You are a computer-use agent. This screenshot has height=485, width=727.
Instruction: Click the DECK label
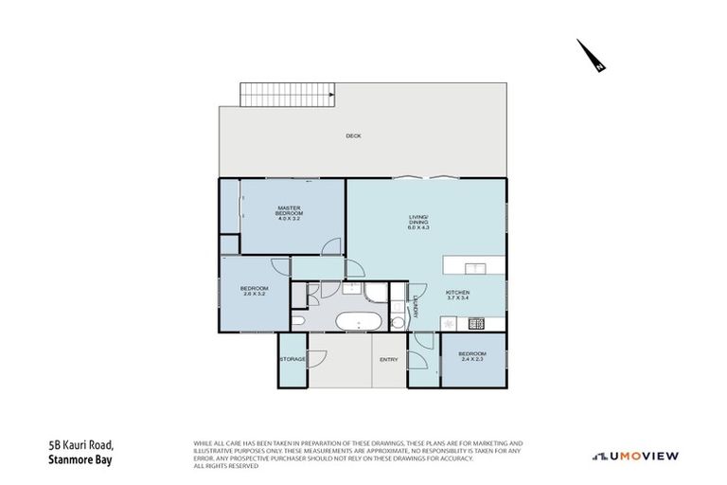pyautogui.click(x=353, y=136)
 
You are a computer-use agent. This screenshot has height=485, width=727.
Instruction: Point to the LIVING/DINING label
pyautogui.click(x=418, y=223)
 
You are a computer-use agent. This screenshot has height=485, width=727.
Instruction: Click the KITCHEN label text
pyautogui.click(x=458, y=296)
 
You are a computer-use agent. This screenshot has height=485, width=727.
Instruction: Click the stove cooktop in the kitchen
pyautogui.click(x=477, y=324)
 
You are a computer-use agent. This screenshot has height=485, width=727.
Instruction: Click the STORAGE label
pyautogui.click(x=293, y=359)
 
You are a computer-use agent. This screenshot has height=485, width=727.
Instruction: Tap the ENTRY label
pyautogui.click(x=389, y=359)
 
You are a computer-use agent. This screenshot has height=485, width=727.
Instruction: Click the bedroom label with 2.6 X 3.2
pyautogui.click(x=254, y=291)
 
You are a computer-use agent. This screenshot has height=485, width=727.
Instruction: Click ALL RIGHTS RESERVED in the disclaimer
pyautogui.click(x=226, y=466)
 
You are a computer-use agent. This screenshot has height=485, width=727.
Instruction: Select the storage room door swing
pyautogui.click(x=318, y=359)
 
